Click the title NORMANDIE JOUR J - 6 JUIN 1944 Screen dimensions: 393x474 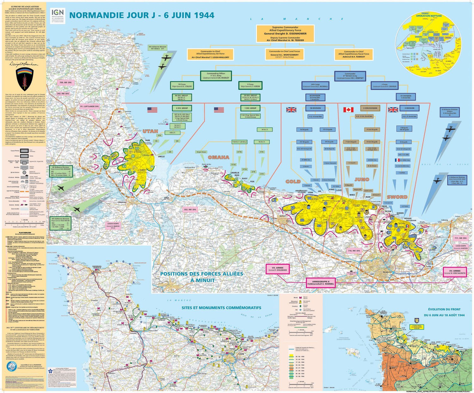point(142,15)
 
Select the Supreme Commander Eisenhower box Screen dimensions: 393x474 point(285,33)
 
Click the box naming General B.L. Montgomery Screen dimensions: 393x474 point(284,54)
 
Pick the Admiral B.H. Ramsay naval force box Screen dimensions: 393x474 point(354,54)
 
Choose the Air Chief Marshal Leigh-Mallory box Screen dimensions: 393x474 point(210,54)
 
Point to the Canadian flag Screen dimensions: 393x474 point(348,110)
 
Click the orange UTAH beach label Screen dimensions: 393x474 point(150,131)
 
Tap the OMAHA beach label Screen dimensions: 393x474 point(218,157)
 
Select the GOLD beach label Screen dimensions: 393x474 point(293,181)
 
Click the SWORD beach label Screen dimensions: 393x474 point(397,197)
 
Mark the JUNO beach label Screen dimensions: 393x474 point(362,179)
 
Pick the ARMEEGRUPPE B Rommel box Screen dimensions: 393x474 point(320,282)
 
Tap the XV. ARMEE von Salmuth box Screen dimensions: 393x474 point(455,272)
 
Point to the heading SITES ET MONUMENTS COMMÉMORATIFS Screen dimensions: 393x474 point(221,307)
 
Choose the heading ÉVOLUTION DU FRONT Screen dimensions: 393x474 point(444,309)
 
